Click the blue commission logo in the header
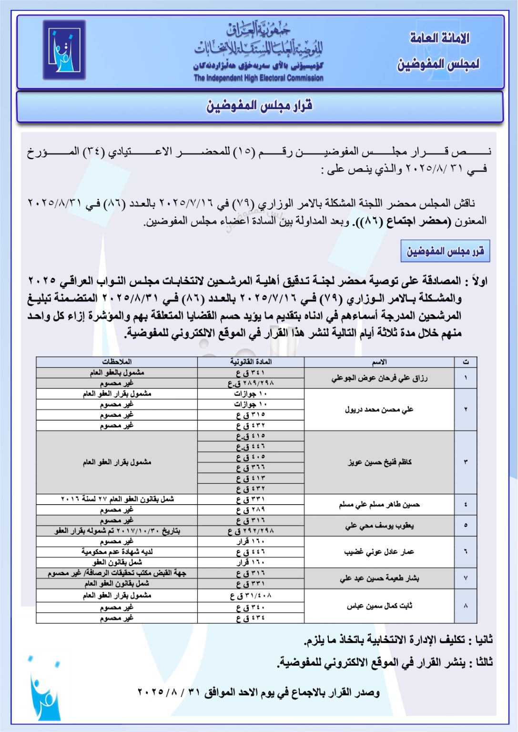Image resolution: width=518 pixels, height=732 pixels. point(64,50)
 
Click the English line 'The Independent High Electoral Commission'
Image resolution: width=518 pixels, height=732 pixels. point(258,78)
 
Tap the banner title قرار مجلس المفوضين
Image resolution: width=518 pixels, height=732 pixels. point(259,106)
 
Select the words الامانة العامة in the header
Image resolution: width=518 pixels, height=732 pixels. point(439,38)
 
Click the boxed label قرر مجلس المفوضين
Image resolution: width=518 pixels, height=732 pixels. point(445,251)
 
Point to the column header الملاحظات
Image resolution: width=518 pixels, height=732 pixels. point(117,362)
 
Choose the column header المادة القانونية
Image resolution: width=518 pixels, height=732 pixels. point(251,362)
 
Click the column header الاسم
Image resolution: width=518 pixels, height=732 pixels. point(379,362)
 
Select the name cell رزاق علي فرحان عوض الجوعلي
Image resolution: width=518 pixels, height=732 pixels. point(379,378)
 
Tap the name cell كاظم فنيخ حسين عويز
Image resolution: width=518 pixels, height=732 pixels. point(379,462)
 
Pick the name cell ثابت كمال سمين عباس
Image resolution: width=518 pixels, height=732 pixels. point(379,606)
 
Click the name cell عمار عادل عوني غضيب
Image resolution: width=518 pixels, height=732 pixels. point(379,552)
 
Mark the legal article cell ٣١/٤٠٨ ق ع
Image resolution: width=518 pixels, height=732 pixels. point(251,595)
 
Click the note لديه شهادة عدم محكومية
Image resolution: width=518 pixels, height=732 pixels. point(117,552)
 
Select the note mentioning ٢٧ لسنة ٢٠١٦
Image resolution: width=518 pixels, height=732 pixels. point(117,499)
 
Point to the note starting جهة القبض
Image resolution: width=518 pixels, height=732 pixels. point(117,573)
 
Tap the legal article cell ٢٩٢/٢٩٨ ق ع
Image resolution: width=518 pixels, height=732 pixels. point(251,531)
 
